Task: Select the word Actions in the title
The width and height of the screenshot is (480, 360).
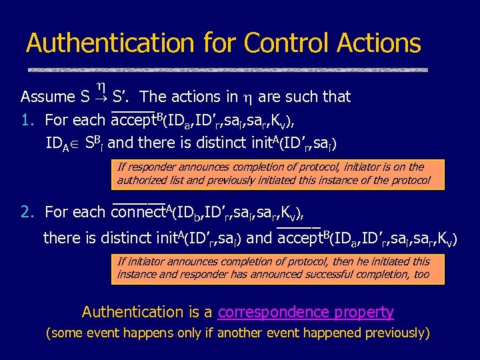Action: point(379,43)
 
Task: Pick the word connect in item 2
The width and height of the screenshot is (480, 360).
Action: point(139,213)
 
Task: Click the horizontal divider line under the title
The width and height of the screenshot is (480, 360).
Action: point(227,69)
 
